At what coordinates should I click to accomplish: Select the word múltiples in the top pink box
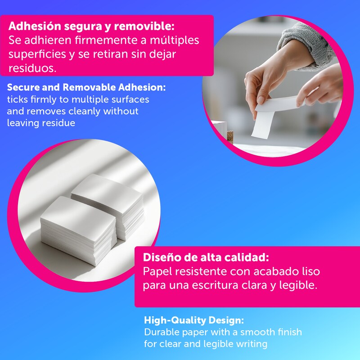pos(175,40)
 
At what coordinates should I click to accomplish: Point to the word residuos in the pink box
pos(32,68)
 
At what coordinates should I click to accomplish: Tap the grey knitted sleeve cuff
pos(305,46)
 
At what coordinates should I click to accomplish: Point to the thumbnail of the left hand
pos(261,99)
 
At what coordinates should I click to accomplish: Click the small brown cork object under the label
pos(230,137)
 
